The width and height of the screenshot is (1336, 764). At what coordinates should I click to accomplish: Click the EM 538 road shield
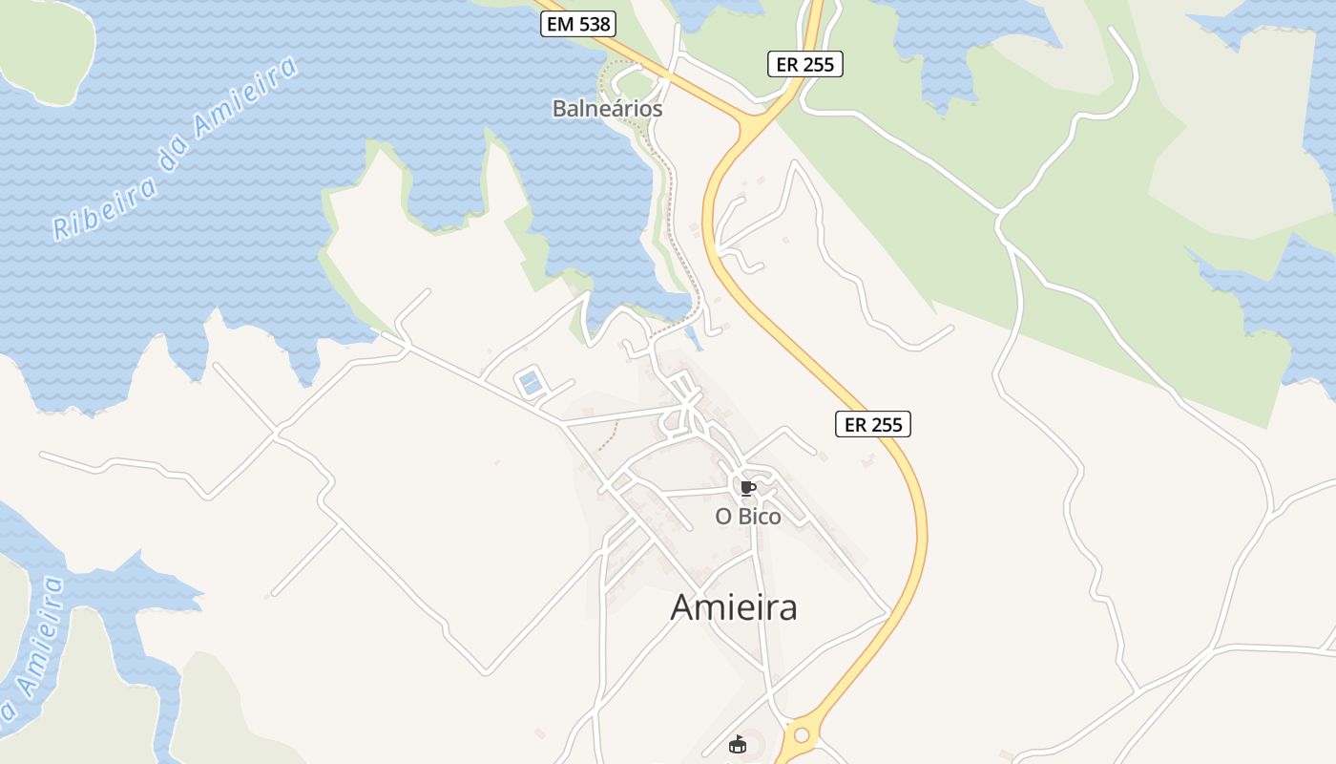[x=578, y=24]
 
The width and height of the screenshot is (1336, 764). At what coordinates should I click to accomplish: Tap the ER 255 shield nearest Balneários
[x=804, y=64]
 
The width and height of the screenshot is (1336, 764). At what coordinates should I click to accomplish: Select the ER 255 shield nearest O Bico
[x=873, y=424]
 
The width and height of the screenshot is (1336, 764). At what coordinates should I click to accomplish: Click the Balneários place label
[x=607, y=109]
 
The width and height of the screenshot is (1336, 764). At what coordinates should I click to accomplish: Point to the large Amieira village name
[x=734, y=607]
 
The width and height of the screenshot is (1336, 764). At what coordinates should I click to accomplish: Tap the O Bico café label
[x=748, y=517]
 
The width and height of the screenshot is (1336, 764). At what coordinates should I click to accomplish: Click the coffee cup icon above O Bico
[x=748, y=489]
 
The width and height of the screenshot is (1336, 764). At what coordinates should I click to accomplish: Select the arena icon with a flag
[x=737, y=745]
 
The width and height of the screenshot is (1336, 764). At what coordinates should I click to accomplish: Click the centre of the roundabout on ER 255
[x=801, y=735]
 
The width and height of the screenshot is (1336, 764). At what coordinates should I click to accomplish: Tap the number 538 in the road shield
[x=594, y=24]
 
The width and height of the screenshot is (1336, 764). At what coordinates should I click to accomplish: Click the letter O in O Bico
[x=724, y=517]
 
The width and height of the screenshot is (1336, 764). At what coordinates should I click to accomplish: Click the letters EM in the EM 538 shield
[x=560, y=24]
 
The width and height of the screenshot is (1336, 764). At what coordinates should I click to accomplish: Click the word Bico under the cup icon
[x=760, y=517]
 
